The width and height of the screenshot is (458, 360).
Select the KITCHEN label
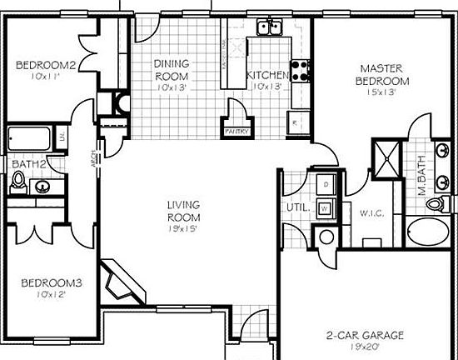tap(267, 76)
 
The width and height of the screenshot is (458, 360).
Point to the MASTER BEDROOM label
tap(383, 74)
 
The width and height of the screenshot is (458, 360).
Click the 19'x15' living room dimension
tap(182, 219)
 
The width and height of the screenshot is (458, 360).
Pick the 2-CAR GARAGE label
tap(365, 336)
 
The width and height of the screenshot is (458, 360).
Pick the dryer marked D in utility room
tap(325, 182)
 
